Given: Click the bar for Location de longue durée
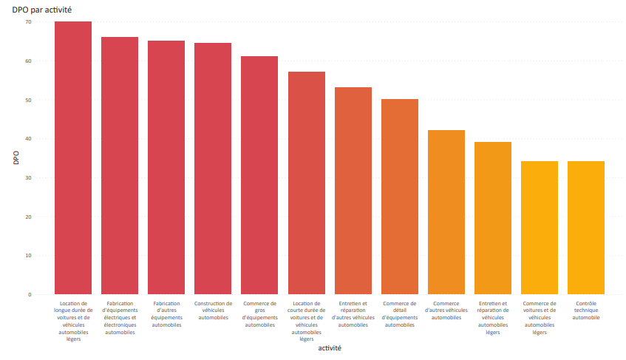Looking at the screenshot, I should point(73,158).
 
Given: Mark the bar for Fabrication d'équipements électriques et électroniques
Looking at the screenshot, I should point(120,166).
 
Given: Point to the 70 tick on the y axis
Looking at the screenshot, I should point(28,22).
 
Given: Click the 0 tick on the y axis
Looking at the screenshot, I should point(30,295).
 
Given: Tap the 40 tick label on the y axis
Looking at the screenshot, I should point(28,139).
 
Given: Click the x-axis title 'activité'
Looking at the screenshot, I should point(329,347).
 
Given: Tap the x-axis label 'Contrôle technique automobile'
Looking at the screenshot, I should point(586,310).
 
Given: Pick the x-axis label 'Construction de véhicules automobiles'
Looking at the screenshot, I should point(213,310).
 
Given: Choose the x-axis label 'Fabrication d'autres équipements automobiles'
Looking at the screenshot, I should point(166,314).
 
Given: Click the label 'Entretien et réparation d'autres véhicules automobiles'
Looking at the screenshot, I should point(353,314).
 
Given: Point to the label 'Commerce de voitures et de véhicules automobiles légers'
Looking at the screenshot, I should point(540,318).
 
